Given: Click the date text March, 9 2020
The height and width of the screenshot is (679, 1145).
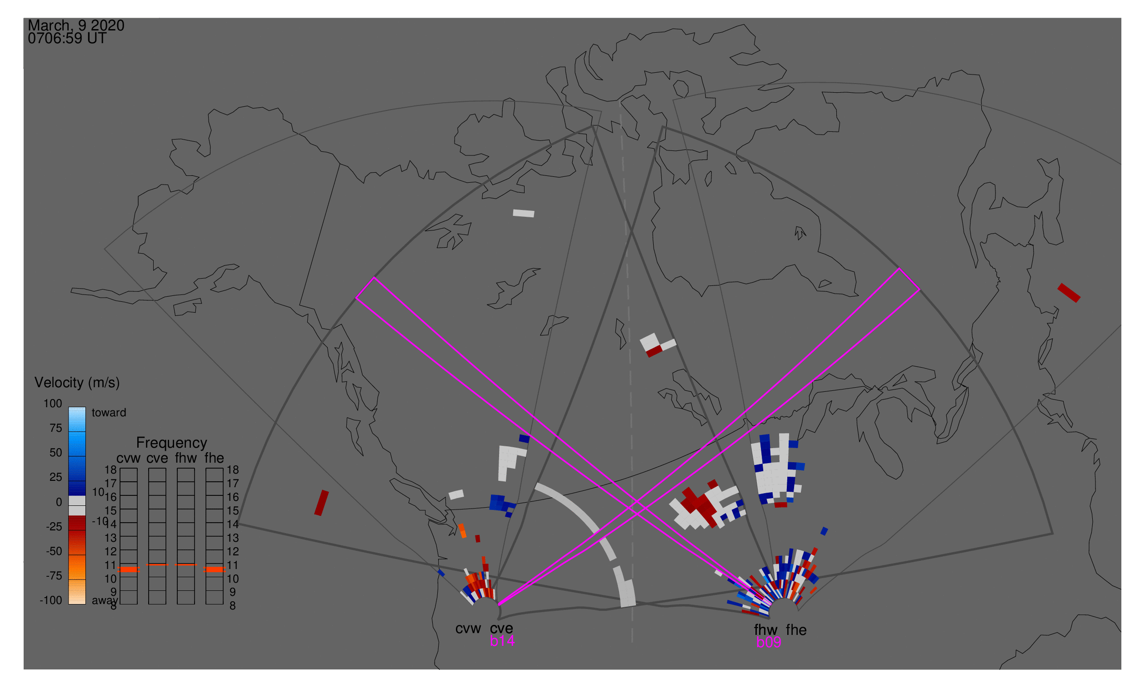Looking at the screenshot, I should (x=75, y=25).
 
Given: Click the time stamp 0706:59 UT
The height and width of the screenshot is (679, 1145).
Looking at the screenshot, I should (x=67, y=39).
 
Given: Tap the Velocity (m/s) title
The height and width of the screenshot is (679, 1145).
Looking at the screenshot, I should (x=77, y=383).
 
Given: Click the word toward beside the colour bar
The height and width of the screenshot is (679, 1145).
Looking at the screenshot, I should (x=109, y=413).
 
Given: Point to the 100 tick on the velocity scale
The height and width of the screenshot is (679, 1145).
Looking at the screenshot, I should (x=53, y=404).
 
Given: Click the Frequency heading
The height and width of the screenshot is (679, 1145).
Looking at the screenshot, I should (x=172, y=443).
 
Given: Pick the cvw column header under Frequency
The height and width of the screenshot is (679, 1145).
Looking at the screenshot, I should (x=128, y=458).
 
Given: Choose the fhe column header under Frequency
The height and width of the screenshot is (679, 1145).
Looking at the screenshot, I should (x=214, y=458).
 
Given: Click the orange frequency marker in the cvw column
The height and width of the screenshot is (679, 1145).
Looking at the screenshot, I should (x=129, y=569).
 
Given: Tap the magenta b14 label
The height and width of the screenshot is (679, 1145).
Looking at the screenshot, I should (x=502, y=641).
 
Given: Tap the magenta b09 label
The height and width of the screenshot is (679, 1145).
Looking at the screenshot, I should (x=768, y=642).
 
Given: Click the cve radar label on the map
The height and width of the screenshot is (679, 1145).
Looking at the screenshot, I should (x=501, y=628).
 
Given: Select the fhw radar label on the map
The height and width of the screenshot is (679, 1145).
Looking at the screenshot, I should (x=765, y=630).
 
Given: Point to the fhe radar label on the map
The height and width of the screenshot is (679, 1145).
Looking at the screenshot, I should (x=796, y=630).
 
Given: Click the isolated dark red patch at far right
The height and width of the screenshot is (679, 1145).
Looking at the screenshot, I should (x=1069, y=293).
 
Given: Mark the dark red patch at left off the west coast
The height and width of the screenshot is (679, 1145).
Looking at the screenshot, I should (x=321, y=503).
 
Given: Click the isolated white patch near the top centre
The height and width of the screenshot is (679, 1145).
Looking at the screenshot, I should (x=524, y=213).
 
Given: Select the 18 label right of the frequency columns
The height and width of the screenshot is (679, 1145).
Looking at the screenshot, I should (x=232, y=470).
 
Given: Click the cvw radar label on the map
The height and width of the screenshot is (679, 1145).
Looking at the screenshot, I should (x=468, y=628).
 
